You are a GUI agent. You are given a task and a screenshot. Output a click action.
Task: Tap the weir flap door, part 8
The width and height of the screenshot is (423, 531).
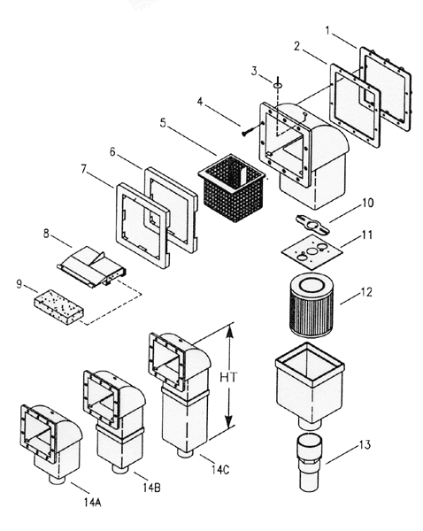[x=88, y=263]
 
